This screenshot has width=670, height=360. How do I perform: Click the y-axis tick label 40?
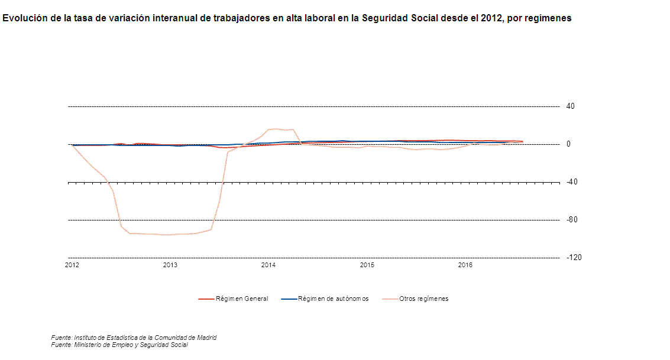[571, 106]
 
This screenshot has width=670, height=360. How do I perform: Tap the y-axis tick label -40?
[571, 182]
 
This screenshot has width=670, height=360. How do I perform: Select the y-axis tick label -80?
[571, 220]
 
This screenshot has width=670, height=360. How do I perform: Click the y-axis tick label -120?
[573, 258]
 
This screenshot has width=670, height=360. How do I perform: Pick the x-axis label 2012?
[72, 265]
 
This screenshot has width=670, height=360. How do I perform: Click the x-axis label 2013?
[170, 265]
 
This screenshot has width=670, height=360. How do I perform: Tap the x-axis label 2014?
[268, 265]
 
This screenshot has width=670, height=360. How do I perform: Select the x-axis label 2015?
[367, 265]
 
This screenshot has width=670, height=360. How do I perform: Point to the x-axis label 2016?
[465, 265]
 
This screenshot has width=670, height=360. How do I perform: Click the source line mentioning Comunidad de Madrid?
[134, 338]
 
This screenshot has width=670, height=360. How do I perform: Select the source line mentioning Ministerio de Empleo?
[119, 345]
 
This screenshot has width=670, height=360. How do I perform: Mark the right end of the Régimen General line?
[522, 142]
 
